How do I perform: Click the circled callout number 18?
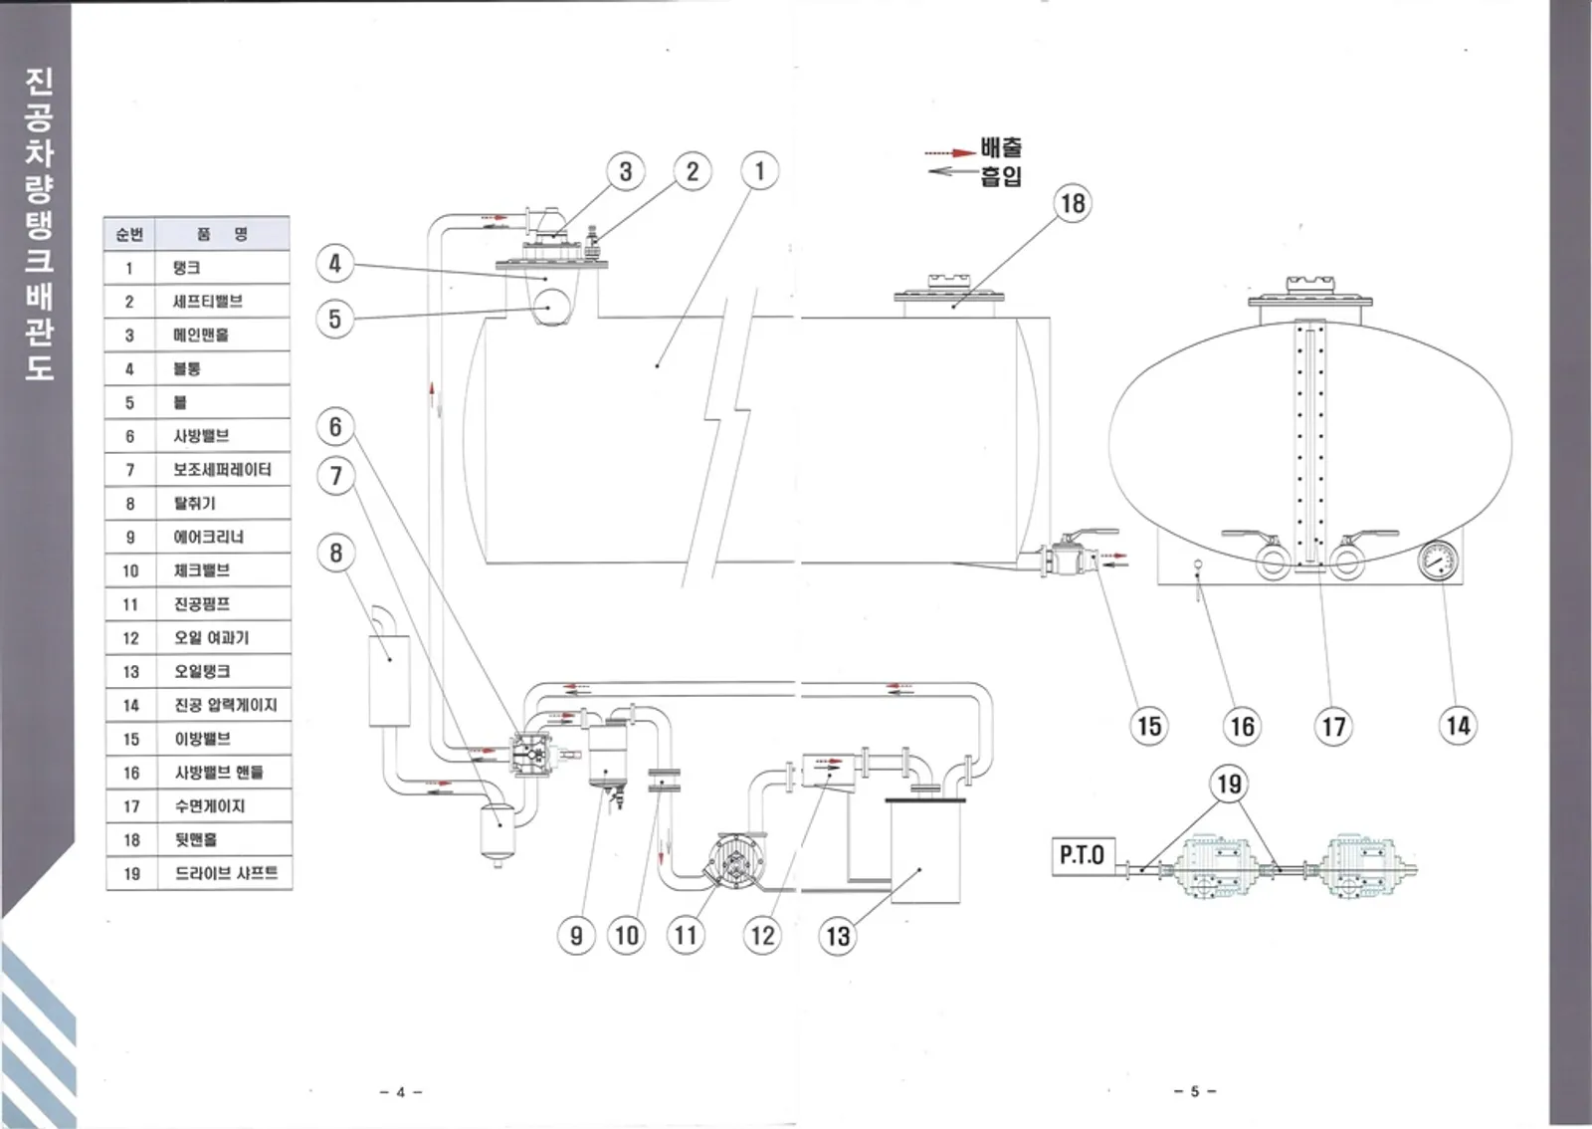pyautogui.click(x=1073, y=203)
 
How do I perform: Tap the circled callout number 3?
pyautogui.click(x=625, y=171)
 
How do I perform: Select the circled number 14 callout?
pyautogui.click(x=1458, y=725)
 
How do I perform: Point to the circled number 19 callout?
pyautogui.click(x=1229, y=785)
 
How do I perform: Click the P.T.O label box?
pyautogui.click(x=1081, y=855)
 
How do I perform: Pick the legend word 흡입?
pyautogui.click(x=1001, y=177)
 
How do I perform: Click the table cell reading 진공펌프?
pyautogui.click(x=202, y=604)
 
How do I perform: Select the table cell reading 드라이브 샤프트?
pyautogui.click(x=226, y=873)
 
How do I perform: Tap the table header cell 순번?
pyautogui.click(x=129, y=234)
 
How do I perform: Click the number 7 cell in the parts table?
pyautogui.click(x=129, y=470)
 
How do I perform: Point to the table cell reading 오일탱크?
pyautogui.click(x=202, y=671)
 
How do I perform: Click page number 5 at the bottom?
pyautogui.click(x=1195, y=1091)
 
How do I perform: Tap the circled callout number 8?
pyautogui.click(x=336, y=553)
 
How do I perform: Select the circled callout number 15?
pyautogui.click(x=1149, y=726)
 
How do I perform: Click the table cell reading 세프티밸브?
pyautogui.click(x=207, y=301)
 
